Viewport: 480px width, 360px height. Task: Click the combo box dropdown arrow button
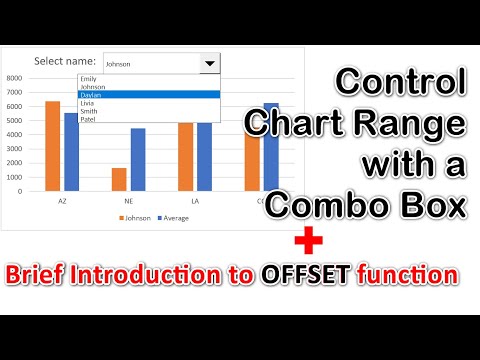208,63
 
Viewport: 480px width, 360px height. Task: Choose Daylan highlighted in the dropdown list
91,94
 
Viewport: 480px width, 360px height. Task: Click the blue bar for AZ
70,151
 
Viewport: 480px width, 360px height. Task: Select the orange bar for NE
119,179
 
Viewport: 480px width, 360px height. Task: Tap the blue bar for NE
138,159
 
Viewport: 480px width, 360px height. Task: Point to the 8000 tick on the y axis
14,77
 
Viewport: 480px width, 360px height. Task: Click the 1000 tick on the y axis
14,176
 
